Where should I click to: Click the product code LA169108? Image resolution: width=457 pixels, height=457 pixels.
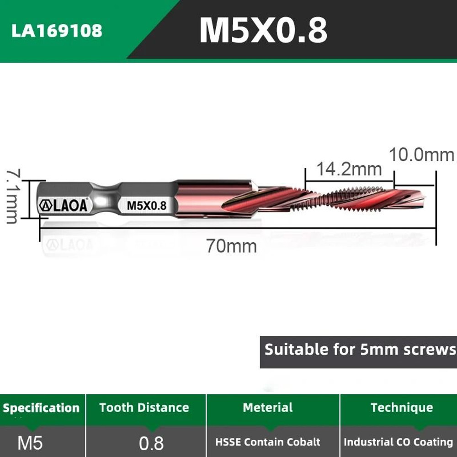[57, 31]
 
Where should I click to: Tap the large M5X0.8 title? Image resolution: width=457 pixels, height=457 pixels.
[263, 31]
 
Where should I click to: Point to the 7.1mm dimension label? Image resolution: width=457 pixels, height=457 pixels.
[12, 197]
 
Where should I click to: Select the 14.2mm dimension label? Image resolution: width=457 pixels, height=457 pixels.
[349, 169]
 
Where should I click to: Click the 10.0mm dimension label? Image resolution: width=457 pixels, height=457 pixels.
[421, 155]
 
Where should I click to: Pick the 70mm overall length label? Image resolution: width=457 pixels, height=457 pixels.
[231, 246]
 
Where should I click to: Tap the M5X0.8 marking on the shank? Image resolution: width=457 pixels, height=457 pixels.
[146, 205]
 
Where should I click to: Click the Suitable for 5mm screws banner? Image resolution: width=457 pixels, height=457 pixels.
[360, 350]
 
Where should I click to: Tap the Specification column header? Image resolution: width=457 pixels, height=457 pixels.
[41, 408]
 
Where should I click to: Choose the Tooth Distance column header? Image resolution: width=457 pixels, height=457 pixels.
[144, 408]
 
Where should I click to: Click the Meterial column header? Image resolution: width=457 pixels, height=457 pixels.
[268, 408]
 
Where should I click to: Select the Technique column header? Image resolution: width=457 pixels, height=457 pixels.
[401, 408]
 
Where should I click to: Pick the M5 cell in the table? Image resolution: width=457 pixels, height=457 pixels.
[30, 442]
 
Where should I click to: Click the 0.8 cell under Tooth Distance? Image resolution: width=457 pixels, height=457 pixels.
[151, 443]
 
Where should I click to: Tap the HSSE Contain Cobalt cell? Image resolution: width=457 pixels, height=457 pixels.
[268, 442]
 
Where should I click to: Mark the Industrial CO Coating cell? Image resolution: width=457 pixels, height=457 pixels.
[398, 442]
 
